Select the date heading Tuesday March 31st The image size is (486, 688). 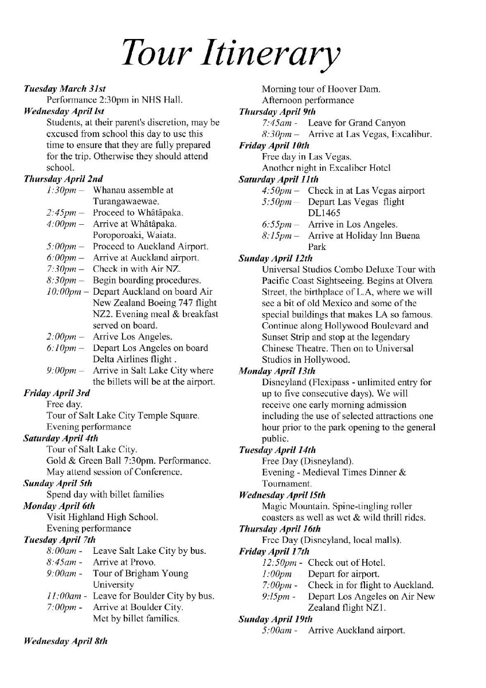coord(65,88)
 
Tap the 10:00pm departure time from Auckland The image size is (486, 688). coord(65,291)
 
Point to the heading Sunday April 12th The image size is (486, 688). coord(277,258)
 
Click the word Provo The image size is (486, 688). coord(151,562)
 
